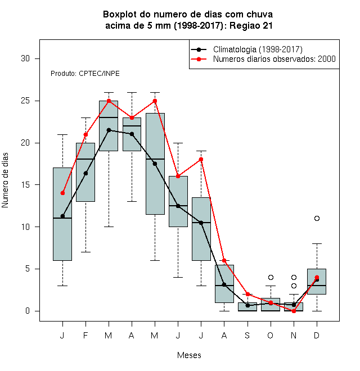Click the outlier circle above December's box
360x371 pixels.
coord(317,219)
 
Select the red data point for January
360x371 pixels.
coord(62,193)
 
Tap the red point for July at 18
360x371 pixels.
coord(201,160)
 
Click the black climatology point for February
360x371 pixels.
coord(85,174)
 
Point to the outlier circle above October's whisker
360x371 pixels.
coord(271,277)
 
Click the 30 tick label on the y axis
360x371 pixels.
coord(25,58)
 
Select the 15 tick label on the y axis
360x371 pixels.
coord(25,185)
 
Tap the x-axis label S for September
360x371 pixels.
coord(247,335)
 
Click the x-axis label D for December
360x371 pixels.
coord(317,335)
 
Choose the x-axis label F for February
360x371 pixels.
coord(85,335)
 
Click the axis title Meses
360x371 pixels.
coord(189,355)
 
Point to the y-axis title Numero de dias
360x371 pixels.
coord(5,180)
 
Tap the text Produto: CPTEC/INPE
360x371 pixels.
coord(85,74)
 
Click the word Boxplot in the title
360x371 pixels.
coord(120,15)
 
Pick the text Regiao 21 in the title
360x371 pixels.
coord(251,25)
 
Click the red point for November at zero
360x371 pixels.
coord(294,311)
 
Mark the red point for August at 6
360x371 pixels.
coord(224,260)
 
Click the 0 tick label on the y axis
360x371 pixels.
coord(28,311)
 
